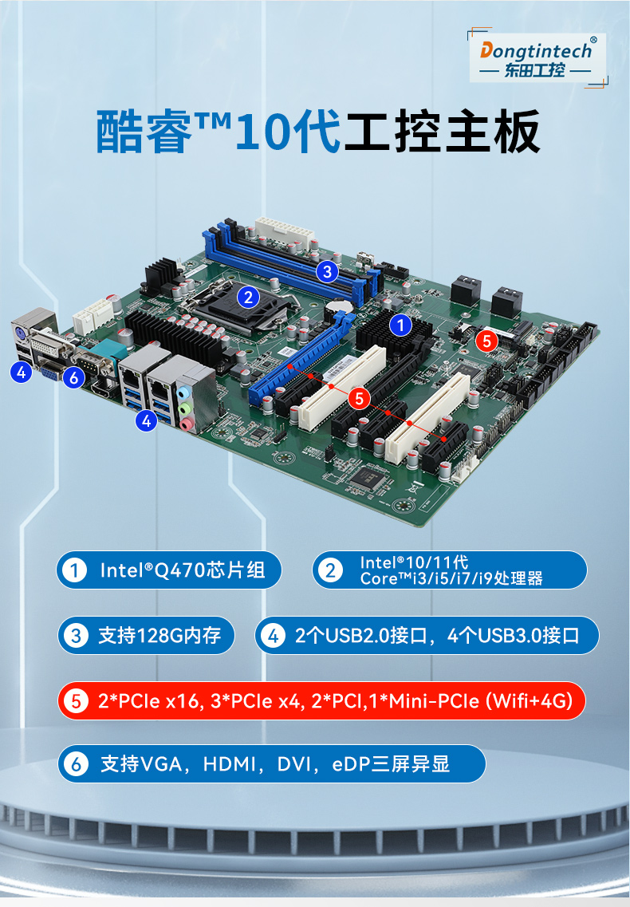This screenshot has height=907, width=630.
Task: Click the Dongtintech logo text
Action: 536,51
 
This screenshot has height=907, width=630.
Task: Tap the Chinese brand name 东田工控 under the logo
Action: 535,71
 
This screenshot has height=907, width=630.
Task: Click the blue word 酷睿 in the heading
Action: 144,132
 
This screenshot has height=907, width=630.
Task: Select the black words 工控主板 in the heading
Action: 441,132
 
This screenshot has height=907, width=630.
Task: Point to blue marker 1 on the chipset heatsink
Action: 400,325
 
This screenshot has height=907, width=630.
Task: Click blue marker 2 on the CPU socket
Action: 249,298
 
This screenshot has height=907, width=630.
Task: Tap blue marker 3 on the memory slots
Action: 325,271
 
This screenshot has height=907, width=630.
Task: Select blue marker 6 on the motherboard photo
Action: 74,377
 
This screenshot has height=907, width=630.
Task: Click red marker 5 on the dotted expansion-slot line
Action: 360,397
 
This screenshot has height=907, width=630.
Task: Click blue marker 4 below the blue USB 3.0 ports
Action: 146,420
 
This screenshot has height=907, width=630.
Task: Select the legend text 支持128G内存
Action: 159,636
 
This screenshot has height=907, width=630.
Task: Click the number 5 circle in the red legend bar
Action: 77,701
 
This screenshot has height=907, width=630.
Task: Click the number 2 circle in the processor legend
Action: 329,570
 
